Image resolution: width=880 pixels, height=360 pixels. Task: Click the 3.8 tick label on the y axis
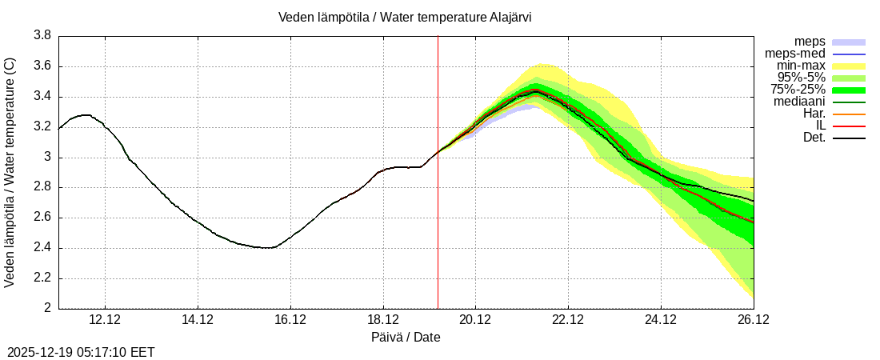[x=42, y=36]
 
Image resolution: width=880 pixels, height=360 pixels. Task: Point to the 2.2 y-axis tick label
[x=42, y=278]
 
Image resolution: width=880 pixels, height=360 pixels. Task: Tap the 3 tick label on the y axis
[x=48, y=158]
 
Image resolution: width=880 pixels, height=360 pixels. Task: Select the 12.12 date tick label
[x=105, y=319]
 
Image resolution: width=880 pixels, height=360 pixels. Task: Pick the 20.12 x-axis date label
[x=475, y=319]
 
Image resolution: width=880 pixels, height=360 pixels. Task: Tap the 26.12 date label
[x=753, y=319]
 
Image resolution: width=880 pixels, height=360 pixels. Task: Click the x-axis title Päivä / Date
[x=406, y=338]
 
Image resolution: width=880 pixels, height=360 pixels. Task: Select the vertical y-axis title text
[x=10, y=172]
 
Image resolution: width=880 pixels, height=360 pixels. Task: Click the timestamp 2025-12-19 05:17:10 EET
[x=81, y=352]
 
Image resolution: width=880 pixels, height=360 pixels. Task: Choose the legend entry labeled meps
[x=810, y=42]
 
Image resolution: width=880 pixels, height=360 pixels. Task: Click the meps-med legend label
[x=795, y=54]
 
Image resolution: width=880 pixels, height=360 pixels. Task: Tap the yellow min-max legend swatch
[x=849, y=66]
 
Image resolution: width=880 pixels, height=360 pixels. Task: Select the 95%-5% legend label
[x=802, y=78]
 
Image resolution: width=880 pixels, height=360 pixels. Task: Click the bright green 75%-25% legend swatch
[x=849, y=90]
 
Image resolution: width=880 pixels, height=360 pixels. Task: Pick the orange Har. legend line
[x=849, y=114]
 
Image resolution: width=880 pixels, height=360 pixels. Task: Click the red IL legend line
[x=849, y=126]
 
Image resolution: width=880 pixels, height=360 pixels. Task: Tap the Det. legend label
[x=814, y=138]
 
